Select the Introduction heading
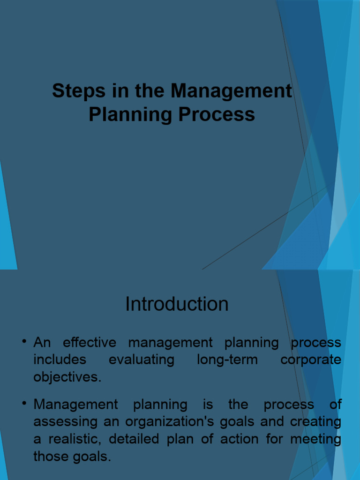pos(177,304)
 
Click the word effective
pos(90,343)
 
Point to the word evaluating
pos(142,360)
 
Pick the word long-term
pos(227,360)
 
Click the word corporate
pos(311,360)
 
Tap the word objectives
pos(67,377)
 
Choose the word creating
pos(315,421)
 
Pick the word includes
pos(60,360)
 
